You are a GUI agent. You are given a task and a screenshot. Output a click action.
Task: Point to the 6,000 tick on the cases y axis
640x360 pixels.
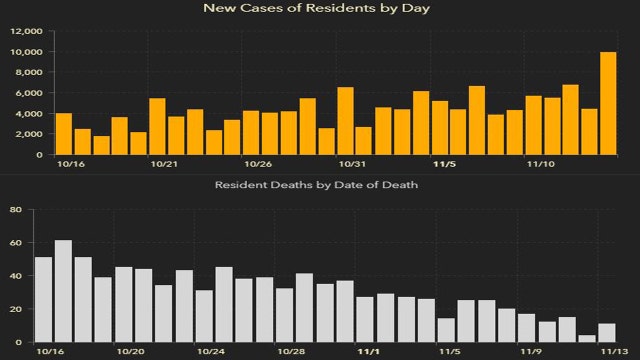(27, 93)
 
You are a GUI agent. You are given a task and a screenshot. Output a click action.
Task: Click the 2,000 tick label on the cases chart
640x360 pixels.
(27, 135)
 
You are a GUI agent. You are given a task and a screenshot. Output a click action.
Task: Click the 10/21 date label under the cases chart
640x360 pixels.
(163, 164)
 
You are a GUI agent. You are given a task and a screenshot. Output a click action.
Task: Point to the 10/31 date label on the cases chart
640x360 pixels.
(351, 164)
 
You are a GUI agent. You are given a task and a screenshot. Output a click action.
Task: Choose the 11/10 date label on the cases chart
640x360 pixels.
(540, 164)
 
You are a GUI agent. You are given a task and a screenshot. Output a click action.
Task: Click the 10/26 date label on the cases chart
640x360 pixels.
(258, 164)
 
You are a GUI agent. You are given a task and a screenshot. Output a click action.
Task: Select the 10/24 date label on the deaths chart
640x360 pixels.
(210, 352)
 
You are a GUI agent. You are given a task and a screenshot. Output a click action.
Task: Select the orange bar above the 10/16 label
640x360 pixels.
(63, 134)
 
